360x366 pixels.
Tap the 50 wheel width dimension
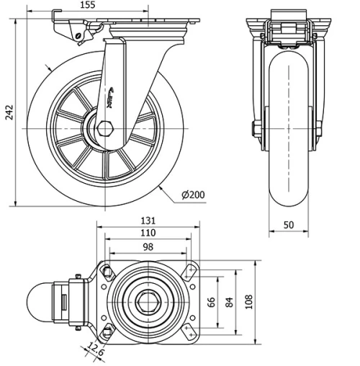click(288, 226)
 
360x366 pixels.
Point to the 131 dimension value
click(148, 220)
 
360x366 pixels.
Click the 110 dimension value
click(148, 233)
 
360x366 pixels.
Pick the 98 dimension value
click(148, 247)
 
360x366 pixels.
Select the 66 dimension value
click(211, 301)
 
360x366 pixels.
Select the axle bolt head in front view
click(256, 130)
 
